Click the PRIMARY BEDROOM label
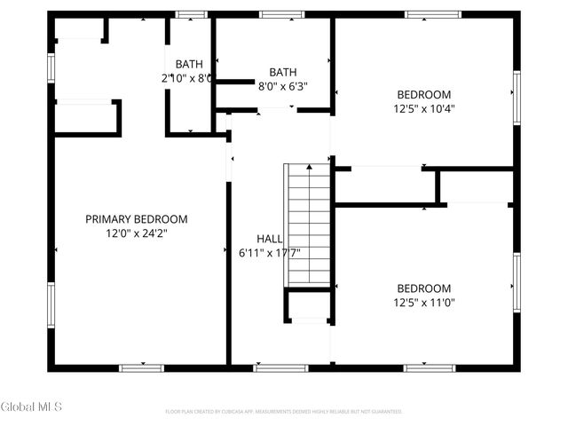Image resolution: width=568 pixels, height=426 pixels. point(137,219)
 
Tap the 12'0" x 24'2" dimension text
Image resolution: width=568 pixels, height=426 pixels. point(137,233)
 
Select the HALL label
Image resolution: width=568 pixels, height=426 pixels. point(270,239)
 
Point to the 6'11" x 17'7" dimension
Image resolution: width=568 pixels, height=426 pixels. point(270,253)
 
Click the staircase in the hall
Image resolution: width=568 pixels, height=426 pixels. point(307,225)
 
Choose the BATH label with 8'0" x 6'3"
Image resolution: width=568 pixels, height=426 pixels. point(283,73)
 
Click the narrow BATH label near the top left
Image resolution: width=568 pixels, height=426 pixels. point(188,64)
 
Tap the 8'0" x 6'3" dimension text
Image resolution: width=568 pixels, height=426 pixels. point(283,87)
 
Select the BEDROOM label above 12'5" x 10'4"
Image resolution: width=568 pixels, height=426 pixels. point(423,95)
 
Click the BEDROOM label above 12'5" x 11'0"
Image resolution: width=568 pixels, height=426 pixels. point(423,288)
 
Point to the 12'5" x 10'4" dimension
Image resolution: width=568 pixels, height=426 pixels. point(423,109)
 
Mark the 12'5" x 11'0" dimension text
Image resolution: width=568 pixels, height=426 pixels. point(423,303)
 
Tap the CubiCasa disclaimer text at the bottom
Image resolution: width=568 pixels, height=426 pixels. point(284,412)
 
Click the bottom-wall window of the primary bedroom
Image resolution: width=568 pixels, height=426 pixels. point(142,367)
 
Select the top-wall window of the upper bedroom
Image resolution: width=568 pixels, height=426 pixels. point(433,14)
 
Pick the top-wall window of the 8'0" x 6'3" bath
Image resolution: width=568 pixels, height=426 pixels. point(280,14)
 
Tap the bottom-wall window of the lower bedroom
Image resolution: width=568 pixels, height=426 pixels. point(430,367)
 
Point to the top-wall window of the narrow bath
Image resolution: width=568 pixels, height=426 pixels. point(191,14)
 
